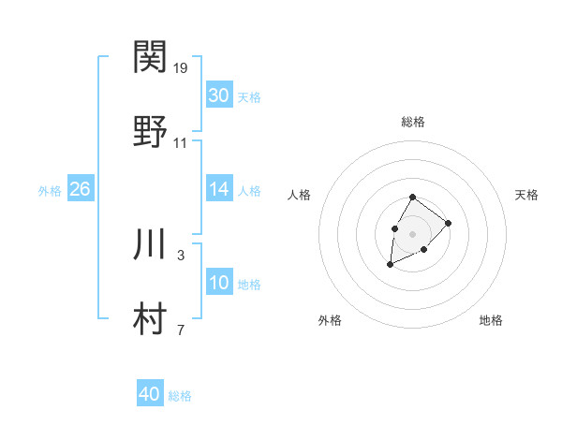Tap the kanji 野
[x=151, y=131]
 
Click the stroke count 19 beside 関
[x=181, y=68]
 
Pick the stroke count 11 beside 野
[x=181, y=143]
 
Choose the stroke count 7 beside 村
[x=180, y=330]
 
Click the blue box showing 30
[x=218, y=95]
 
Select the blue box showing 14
[x=218, y=189]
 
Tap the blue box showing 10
[x=218, y=283]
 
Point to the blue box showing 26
[x=80, y=189]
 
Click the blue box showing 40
[x=150, y=394]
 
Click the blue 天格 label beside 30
[x=249, y=97]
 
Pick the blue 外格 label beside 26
[x=50, y=191]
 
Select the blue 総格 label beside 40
[x=180, y=396]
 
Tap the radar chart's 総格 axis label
[x=413, y=122]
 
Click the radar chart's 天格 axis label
[x=527, y=195]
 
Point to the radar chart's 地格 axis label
[x=491, y=321]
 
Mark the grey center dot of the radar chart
[x=412, y=232]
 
